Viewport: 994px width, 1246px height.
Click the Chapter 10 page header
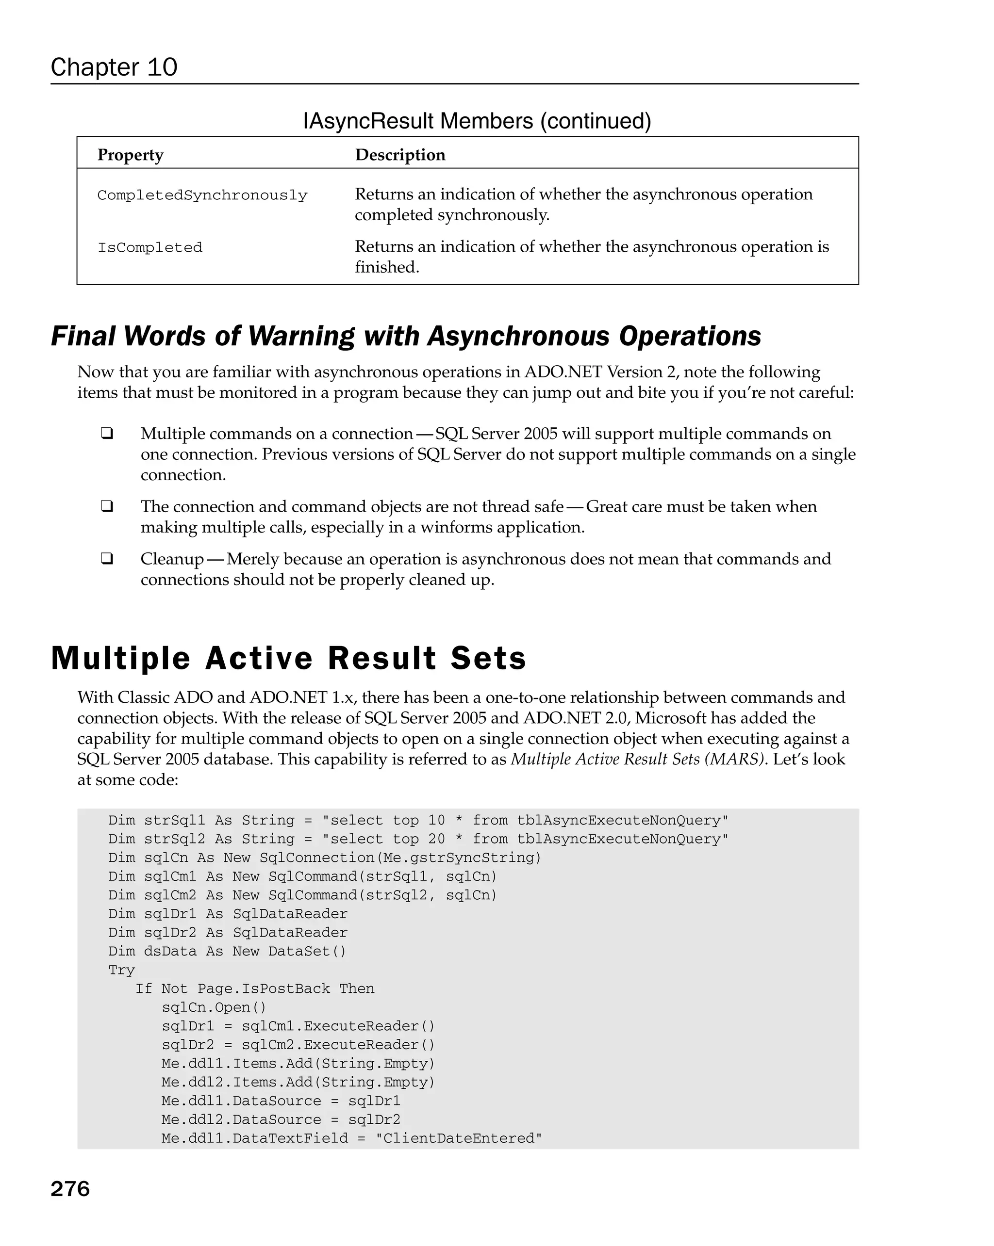pos(114,67)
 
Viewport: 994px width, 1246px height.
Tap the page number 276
pos(70,1189)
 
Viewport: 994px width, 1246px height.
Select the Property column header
pos(130,155)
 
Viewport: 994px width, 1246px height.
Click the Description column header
pos(400,155)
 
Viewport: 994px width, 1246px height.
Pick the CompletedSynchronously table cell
pos(202,195)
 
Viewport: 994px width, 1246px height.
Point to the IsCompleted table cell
pos(150,248)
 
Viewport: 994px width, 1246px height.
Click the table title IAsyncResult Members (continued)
pos(477,121)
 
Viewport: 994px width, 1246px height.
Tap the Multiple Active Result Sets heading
pos(288,658)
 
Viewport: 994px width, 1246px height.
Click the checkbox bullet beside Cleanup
pos(106,559)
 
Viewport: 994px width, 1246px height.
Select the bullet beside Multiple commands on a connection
pos(106,434)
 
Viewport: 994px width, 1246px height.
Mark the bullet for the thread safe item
pos(106,506)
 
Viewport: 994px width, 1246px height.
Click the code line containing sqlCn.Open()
pos(214,1007)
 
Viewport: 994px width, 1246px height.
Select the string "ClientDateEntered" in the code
pos(459,1138)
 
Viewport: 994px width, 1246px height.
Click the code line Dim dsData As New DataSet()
pos(227,951)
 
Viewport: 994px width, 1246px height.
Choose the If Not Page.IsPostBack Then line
pos(254,989)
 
